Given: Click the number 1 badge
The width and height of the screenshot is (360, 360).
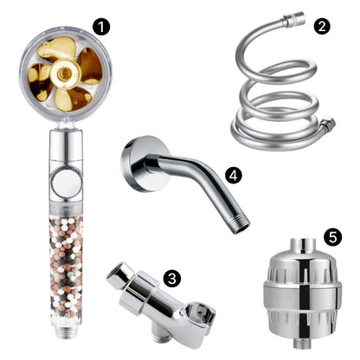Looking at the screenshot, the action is [101, 27].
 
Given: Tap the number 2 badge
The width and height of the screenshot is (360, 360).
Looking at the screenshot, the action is [322, 26].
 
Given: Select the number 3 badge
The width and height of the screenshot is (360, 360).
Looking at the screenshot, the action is [172, 279].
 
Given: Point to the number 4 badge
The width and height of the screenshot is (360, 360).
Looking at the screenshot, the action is [234, 175].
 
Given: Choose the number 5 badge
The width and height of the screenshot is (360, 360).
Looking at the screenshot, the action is [333, 237].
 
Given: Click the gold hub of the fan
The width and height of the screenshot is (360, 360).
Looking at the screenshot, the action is [64, 73].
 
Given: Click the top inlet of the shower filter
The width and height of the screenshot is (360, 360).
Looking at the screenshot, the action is [303, 247].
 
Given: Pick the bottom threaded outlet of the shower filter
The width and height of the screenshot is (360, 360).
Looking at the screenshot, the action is [303, 344].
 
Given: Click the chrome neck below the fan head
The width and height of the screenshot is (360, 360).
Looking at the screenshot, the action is [67, 144].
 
